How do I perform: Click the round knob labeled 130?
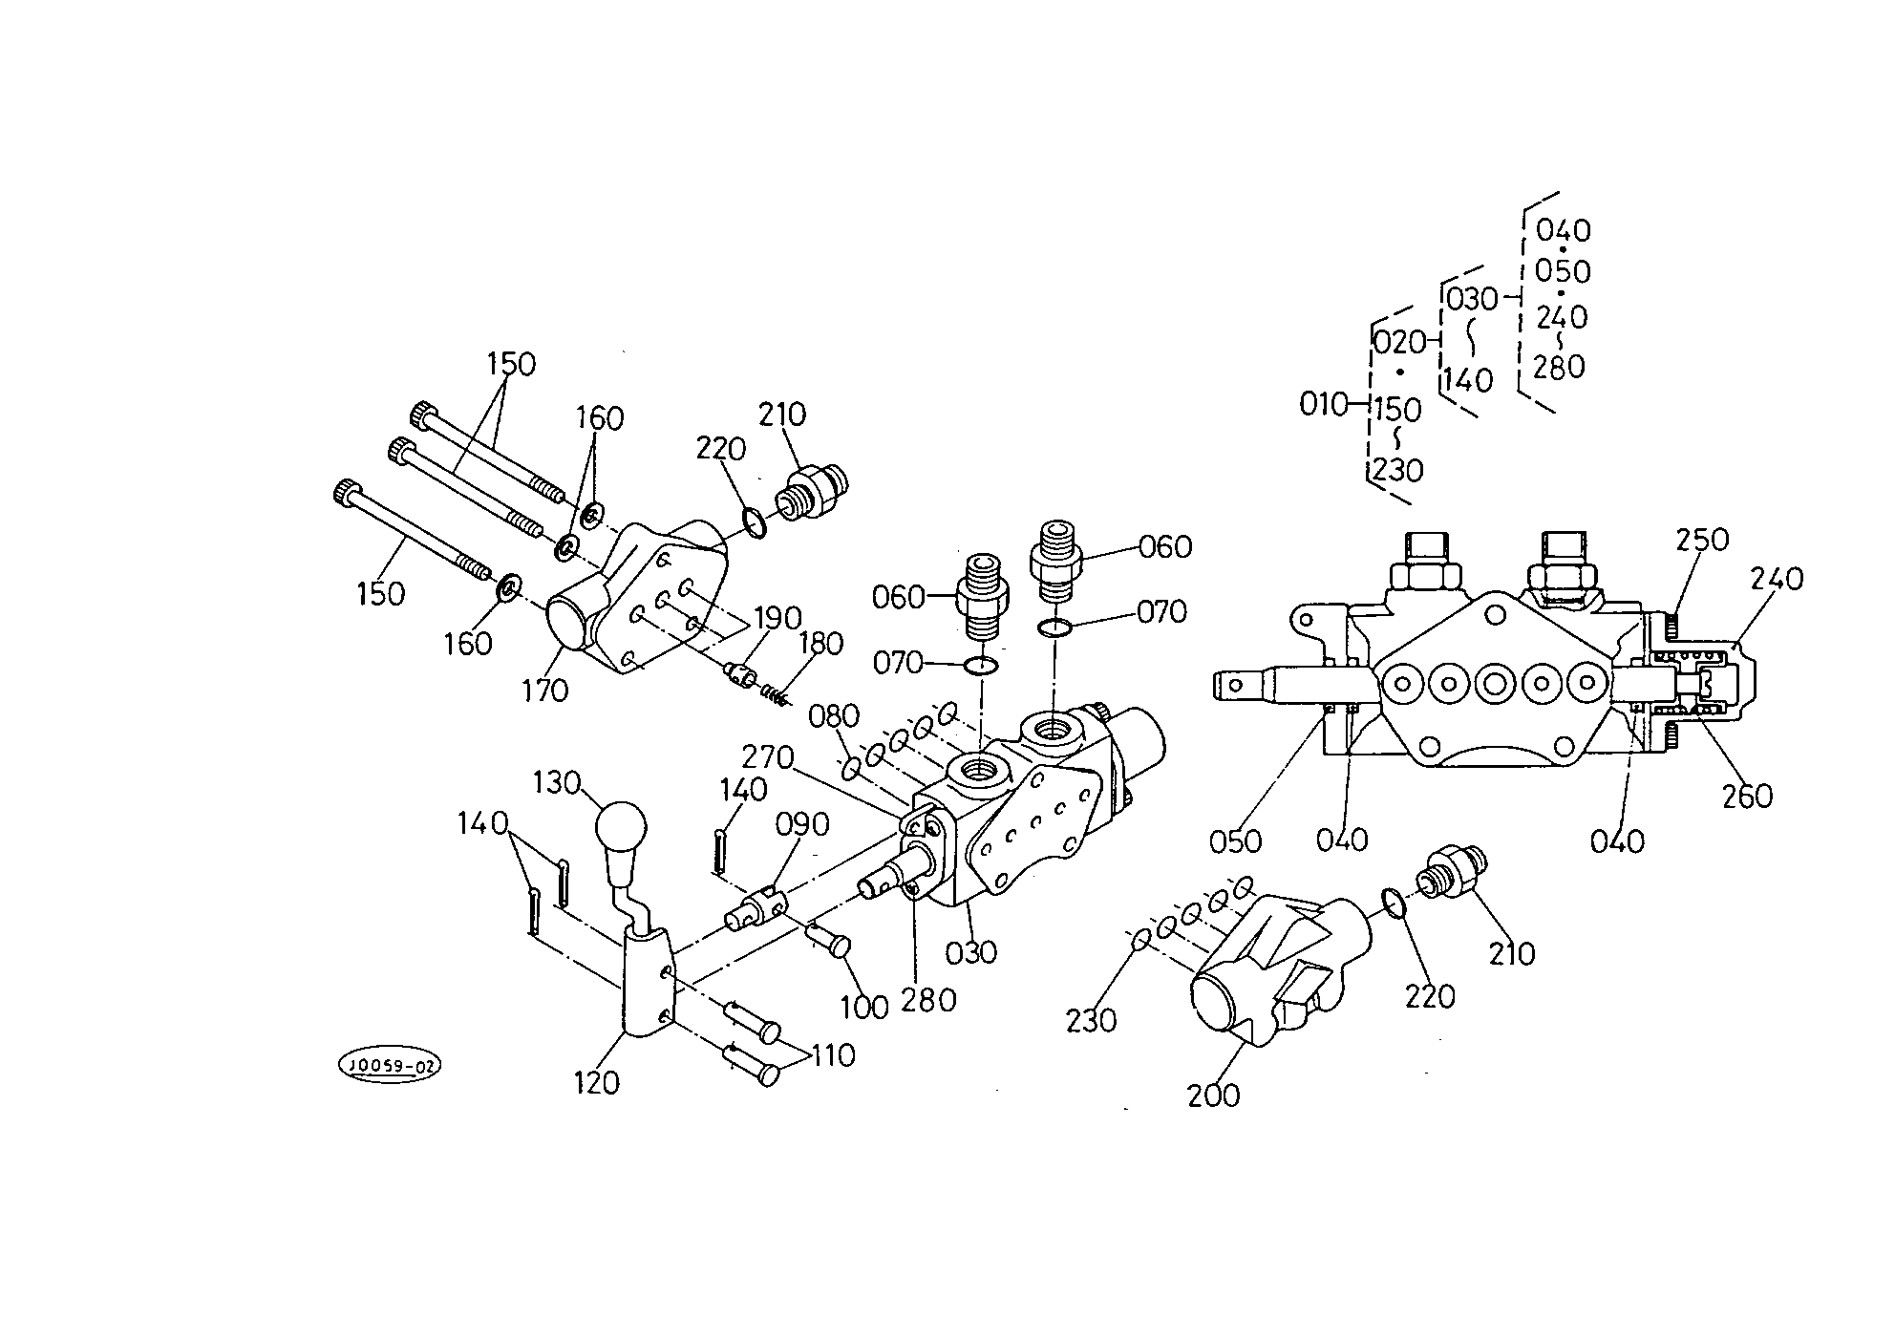pos(621,826)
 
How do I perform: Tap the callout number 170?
pos(545,690)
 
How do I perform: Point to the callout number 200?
pos(1214,1095)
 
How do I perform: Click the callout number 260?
pos(1747,796)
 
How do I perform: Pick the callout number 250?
pos(1703,540)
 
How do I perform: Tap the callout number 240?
pos(1778,578)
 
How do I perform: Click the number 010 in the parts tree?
pos(1323,405)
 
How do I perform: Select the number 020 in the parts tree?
pos(1399,341)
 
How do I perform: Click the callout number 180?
pos(821,643)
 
